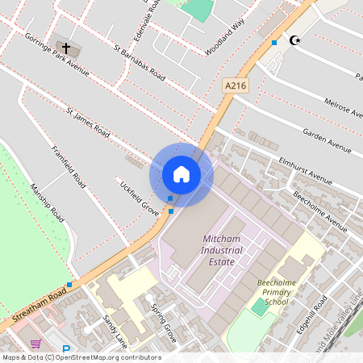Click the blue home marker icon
181,174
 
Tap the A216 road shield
235,86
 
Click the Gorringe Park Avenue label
56,55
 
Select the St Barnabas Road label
140,63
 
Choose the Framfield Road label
69,167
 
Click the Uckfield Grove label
139,196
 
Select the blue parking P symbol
66,351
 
